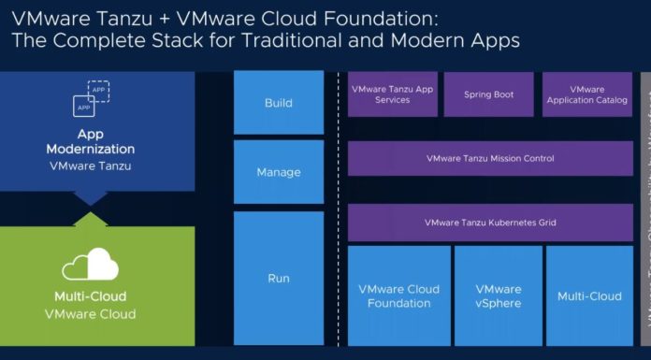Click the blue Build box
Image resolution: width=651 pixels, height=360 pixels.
coord(278,103)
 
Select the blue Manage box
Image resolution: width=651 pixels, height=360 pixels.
coord(278,172)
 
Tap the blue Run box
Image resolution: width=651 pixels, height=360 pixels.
coord(278,278)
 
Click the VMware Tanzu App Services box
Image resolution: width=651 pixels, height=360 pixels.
coord(392,94)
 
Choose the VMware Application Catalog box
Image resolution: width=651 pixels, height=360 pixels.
coord(587,94)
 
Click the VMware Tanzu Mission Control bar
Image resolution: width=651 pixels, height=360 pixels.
coord(490,159)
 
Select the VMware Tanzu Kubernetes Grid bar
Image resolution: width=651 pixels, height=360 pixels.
coord(490,223)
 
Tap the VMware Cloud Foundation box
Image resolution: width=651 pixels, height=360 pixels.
coord(398,295)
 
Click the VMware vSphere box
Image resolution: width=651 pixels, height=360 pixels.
coord(498,295)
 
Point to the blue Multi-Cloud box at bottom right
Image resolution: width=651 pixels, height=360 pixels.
coord(589,295)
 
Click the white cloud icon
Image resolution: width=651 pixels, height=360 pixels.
coord(91,266)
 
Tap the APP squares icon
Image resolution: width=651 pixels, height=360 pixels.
coord(91,98)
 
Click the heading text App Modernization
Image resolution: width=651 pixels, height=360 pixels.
coord(91,141)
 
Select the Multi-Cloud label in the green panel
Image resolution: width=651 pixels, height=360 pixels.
coord(91,296)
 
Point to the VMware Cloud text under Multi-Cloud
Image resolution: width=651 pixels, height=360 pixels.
coord(91,314)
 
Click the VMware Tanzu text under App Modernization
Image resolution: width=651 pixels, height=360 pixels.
coord(91,166)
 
